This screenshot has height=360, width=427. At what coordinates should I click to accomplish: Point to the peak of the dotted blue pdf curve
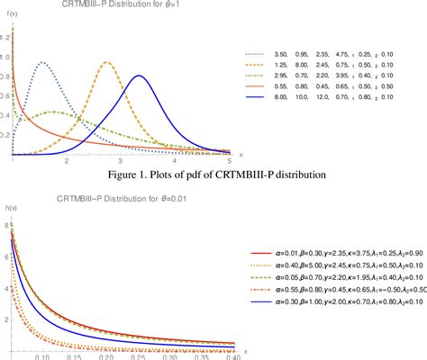42,62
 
